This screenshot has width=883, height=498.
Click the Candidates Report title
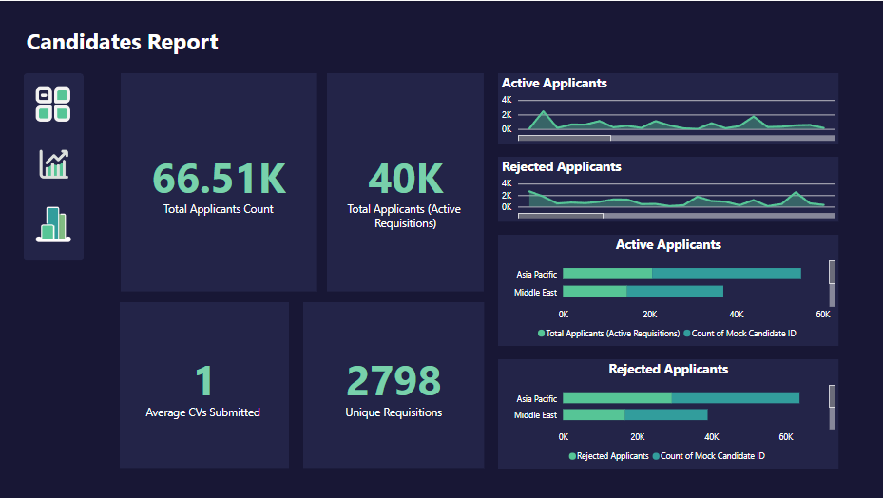(x=123, y=42)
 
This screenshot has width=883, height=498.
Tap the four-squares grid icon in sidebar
(x=53, y=105)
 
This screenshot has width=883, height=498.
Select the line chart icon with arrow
(x=53, y=163)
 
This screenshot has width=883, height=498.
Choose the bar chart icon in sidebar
(x=53, y=224)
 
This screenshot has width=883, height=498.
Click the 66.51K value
(x=219, y=179)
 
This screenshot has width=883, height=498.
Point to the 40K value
(x=404, y=179)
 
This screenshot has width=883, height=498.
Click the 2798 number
(x=394, y=381)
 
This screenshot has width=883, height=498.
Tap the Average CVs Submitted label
(x=202, y=412)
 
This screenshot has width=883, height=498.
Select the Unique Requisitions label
(x=394, y=412)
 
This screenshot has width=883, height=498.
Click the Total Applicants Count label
(x=219, y=209)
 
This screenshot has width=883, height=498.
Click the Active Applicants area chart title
(x=554, y=84)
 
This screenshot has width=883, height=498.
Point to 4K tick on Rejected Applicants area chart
(x=507, y=183)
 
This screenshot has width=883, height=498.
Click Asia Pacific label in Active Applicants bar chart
(x=536, y=274)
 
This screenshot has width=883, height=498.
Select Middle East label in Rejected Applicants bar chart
(x=536, y=415)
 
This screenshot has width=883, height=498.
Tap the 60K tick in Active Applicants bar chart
(x=823, y=315)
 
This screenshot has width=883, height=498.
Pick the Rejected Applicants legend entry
(x=608, y=456)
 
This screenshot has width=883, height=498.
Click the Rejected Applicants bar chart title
(x=668, y=369)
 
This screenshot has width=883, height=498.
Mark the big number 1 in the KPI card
(x=203, y=381)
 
